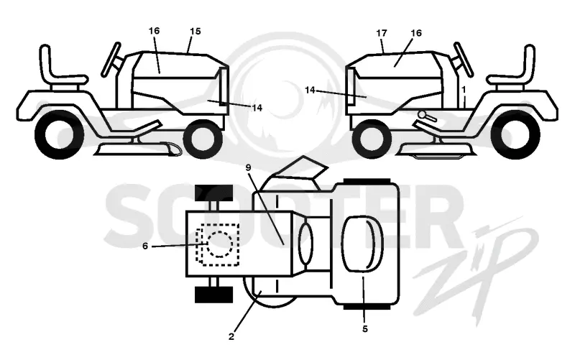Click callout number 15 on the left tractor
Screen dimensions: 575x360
coord(195,32)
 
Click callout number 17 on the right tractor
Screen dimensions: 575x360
coord(382,33)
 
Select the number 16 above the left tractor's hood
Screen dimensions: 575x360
coord(154,31)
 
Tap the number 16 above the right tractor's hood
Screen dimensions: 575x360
coord(416,33)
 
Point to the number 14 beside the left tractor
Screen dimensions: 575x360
coord(257,108)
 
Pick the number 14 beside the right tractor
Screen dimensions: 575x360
coord(310,90)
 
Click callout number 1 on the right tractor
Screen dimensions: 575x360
coord(464,89)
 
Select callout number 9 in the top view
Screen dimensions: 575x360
coord(248,167)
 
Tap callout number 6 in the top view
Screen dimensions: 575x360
coord(145,246)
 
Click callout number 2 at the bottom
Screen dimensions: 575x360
coord(231,336)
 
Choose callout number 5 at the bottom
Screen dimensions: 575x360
coord(364,329)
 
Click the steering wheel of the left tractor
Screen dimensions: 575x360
coord(111,60)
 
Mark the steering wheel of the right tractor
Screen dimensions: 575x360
coord(463,60)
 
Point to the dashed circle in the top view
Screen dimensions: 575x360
coord(219,244)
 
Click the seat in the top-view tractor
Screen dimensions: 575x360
coord(362,244)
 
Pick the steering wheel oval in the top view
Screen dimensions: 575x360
coord(306,244)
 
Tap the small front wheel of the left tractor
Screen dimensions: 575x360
coord(203,139)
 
